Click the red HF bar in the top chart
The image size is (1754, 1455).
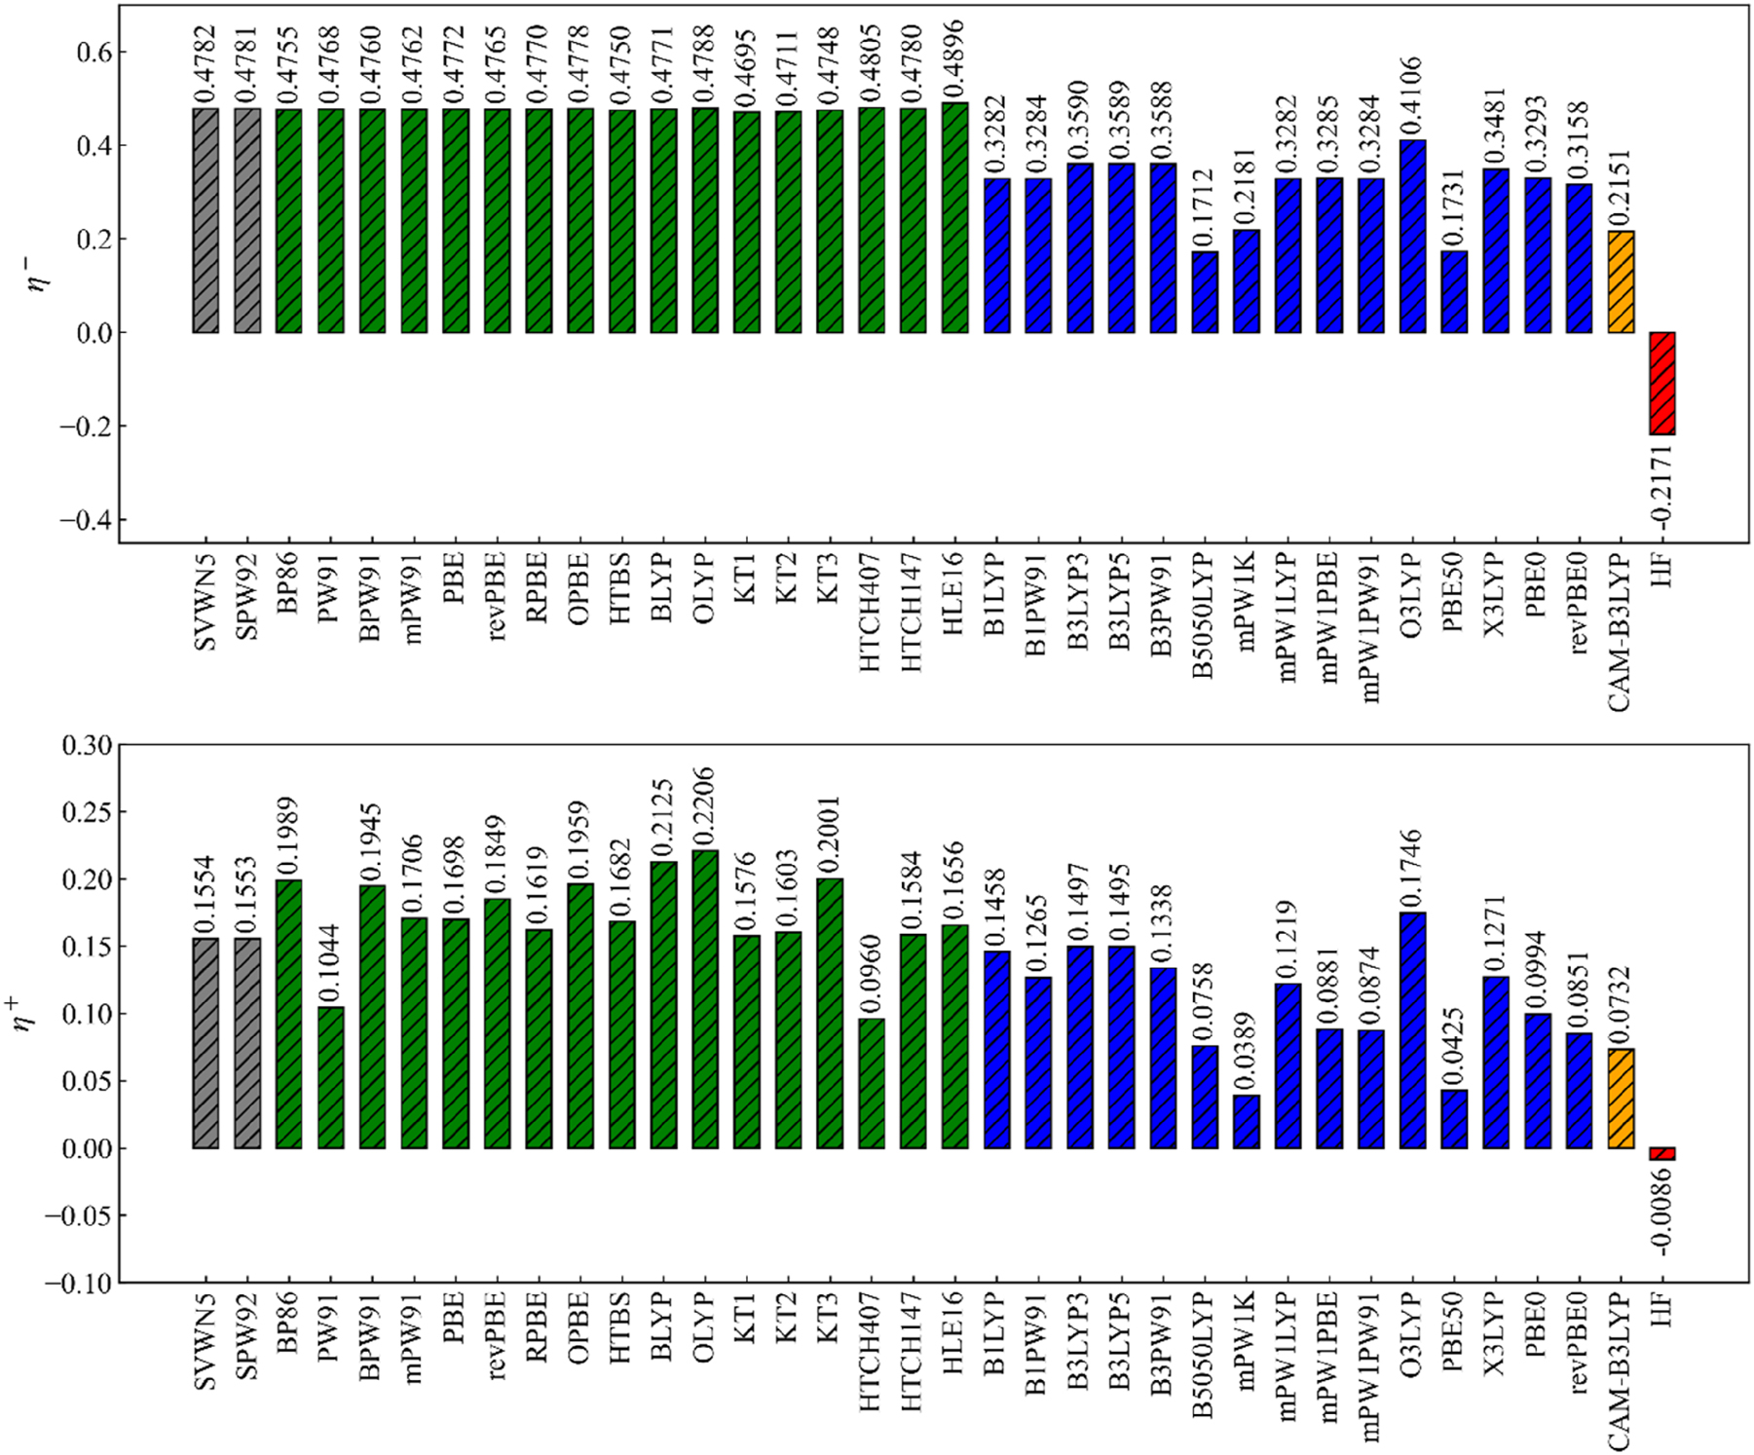pos(1661,383)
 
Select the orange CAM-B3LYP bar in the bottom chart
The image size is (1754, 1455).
pos(1621,1098)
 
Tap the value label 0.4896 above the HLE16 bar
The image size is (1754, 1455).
pos(954,56)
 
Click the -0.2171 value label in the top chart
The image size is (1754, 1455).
pos(1663,488)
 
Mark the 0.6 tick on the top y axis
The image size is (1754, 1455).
pos(94,52)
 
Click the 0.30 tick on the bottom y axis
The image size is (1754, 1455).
pos(87,745)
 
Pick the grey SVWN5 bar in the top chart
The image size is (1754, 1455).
pos(205,220)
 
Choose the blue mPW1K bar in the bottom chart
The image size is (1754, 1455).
pos(1247,1121)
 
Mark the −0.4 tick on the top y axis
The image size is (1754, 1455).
pos(86,520)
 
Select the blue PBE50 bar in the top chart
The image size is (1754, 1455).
pos(1454,292)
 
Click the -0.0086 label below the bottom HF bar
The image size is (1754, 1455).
pos(1663,1213)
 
